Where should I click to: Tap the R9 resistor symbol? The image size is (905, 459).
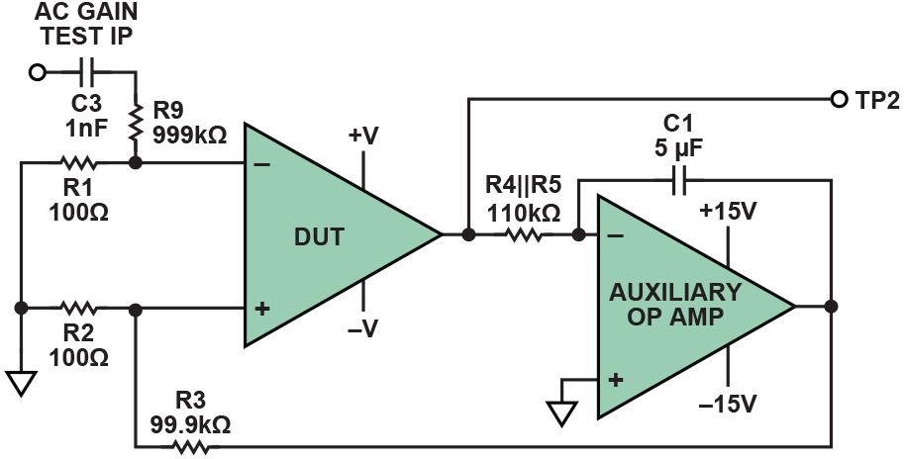tap(136, 116)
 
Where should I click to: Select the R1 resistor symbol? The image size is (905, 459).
tap(76, 161)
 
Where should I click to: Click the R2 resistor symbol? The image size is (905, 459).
tap(76, 309)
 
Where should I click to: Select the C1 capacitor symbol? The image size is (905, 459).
tap(678, 180)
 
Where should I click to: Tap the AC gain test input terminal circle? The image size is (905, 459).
tap(39, 71)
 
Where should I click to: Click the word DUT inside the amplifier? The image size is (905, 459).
tap(315, 235)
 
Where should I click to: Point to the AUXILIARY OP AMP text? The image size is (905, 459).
tap(674, 305)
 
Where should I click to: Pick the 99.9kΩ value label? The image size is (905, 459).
tap(191, 424)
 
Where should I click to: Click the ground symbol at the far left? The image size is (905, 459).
tap(21, 382)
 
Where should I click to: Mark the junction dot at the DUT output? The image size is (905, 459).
tap(468, 235)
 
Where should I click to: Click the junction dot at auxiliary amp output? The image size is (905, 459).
tap(830, 307)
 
